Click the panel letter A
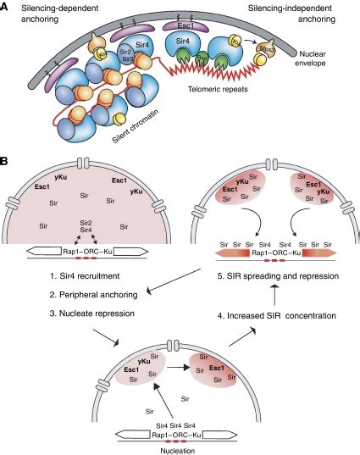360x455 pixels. tap(6, 7)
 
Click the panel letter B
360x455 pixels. tap(6, 158)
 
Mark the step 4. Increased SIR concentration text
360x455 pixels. tap(265, 315)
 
